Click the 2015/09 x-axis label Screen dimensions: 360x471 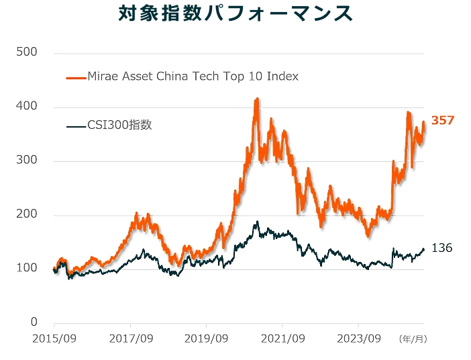pos(54,339)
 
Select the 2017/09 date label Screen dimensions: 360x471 pos(131,339)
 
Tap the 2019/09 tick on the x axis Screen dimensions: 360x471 pos(207,339)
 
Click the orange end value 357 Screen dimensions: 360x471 pos(443,121)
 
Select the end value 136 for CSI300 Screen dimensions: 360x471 pos(441,249)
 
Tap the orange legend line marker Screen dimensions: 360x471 pos(76,77)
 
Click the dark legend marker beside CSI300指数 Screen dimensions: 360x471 pos(76,126)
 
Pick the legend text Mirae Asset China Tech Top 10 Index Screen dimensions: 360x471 pos(193,77)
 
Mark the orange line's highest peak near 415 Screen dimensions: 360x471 pos(256,99)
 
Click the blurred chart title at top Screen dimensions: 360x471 pos(235,13)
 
